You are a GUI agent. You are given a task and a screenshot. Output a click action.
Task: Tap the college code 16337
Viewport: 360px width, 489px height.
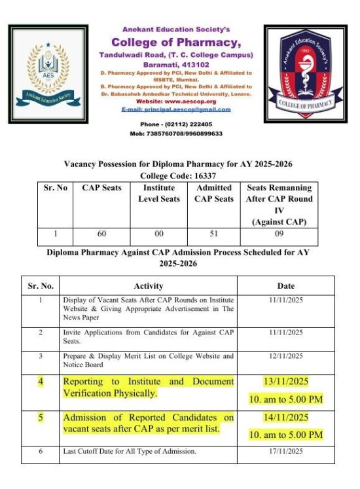pyautogui.click(x=202, y=176)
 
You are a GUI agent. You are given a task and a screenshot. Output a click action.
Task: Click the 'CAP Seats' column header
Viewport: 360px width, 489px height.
pyautogui.click(x=101, y=188)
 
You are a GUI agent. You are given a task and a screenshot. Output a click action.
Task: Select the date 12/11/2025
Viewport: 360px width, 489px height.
pyautogui.click(x=286, y=356)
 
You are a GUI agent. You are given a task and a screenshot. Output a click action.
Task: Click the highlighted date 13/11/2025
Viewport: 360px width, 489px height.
pyautogui.click(x=286, y=381)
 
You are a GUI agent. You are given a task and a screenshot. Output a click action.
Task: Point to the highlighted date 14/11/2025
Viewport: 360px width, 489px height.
pyautogui.click(x=286, y=418)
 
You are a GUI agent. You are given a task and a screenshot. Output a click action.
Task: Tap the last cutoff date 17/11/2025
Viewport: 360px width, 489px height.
pyautogui.click(x=286, y=451)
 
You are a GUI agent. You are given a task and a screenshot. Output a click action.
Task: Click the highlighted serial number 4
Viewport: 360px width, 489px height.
pyautogui.click(x=41, y=381)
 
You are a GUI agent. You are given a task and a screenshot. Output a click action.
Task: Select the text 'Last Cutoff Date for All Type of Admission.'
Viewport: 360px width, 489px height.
pyautogui.click(x=130, y=451)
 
